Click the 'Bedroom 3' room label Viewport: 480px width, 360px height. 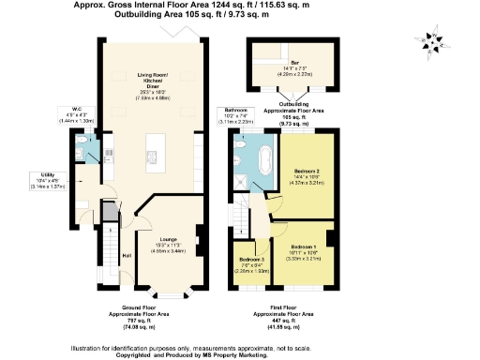(x=251, y=259)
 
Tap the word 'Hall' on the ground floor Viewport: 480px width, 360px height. (x=127, y=255)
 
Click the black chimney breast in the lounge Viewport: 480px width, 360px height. (x=198, y=237)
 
